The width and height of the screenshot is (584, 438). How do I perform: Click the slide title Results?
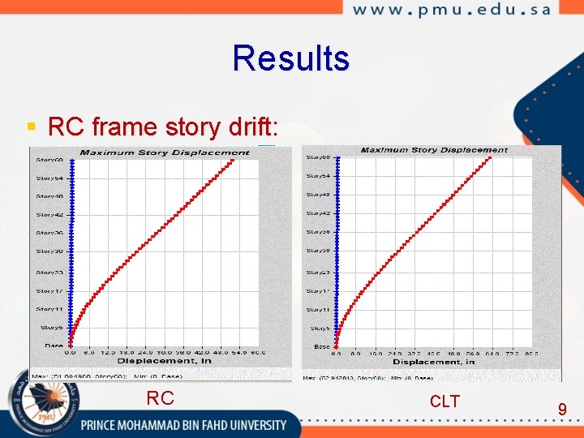click(290, 58)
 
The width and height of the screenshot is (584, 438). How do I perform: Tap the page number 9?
click(561, 410)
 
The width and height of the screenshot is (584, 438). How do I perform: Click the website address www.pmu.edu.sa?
click(452, 10)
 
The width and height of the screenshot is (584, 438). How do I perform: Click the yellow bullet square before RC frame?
click(31, 127)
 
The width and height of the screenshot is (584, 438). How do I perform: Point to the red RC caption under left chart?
click(160, 398)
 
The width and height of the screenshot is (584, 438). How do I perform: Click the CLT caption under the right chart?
click(444, 401)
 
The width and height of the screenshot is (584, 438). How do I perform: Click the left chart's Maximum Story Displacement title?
click(165, 152)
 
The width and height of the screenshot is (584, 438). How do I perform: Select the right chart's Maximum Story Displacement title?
click(434, 150)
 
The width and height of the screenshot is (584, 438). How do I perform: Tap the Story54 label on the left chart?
click(49, 178)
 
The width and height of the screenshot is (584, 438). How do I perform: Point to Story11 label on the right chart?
click(318, 310)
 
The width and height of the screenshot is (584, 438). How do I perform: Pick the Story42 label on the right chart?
click(318, 213)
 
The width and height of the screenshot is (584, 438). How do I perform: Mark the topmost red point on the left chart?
click(233, 161)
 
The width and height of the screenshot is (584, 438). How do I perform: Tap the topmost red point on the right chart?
click(491, 158)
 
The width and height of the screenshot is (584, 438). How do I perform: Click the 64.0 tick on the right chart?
click(492, 354)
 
